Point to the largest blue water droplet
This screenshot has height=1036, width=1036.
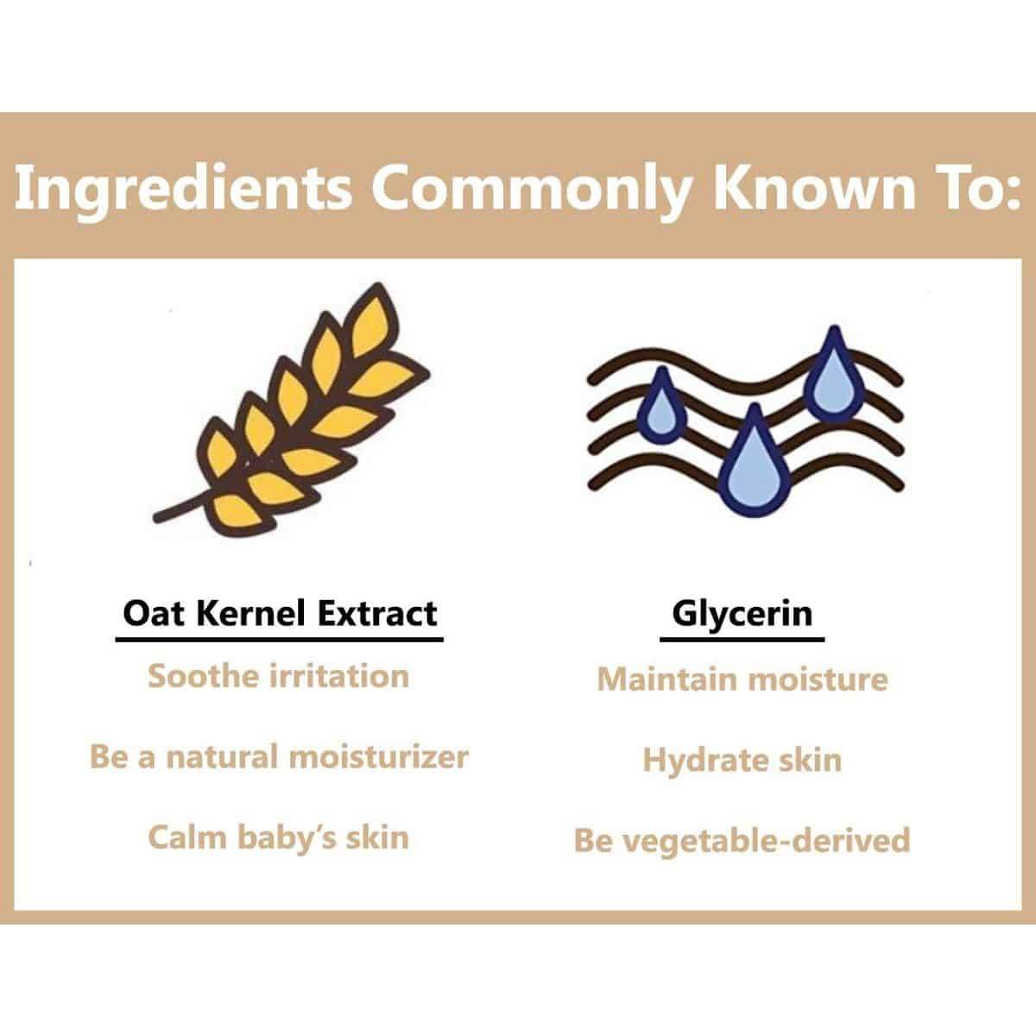(755, 463)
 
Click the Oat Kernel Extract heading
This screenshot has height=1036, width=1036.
(280, 614)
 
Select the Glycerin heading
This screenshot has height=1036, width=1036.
(742, 615)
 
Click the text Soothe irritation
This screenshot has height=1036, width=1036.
(279, 676)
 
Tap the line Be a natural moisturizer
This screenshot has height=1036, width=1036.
(279, 757)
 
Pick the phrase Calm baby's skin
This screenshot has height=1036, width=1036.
(279, 837)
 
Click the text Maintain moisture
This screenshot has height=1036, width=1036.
(742, 679)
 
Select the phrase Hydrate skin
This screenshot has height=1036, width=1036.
(742, 761)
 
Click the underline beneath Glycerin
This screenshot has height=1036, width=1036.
(742, 640)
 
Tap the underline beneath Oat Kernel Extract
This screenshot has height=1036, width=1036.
(280, 640)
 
